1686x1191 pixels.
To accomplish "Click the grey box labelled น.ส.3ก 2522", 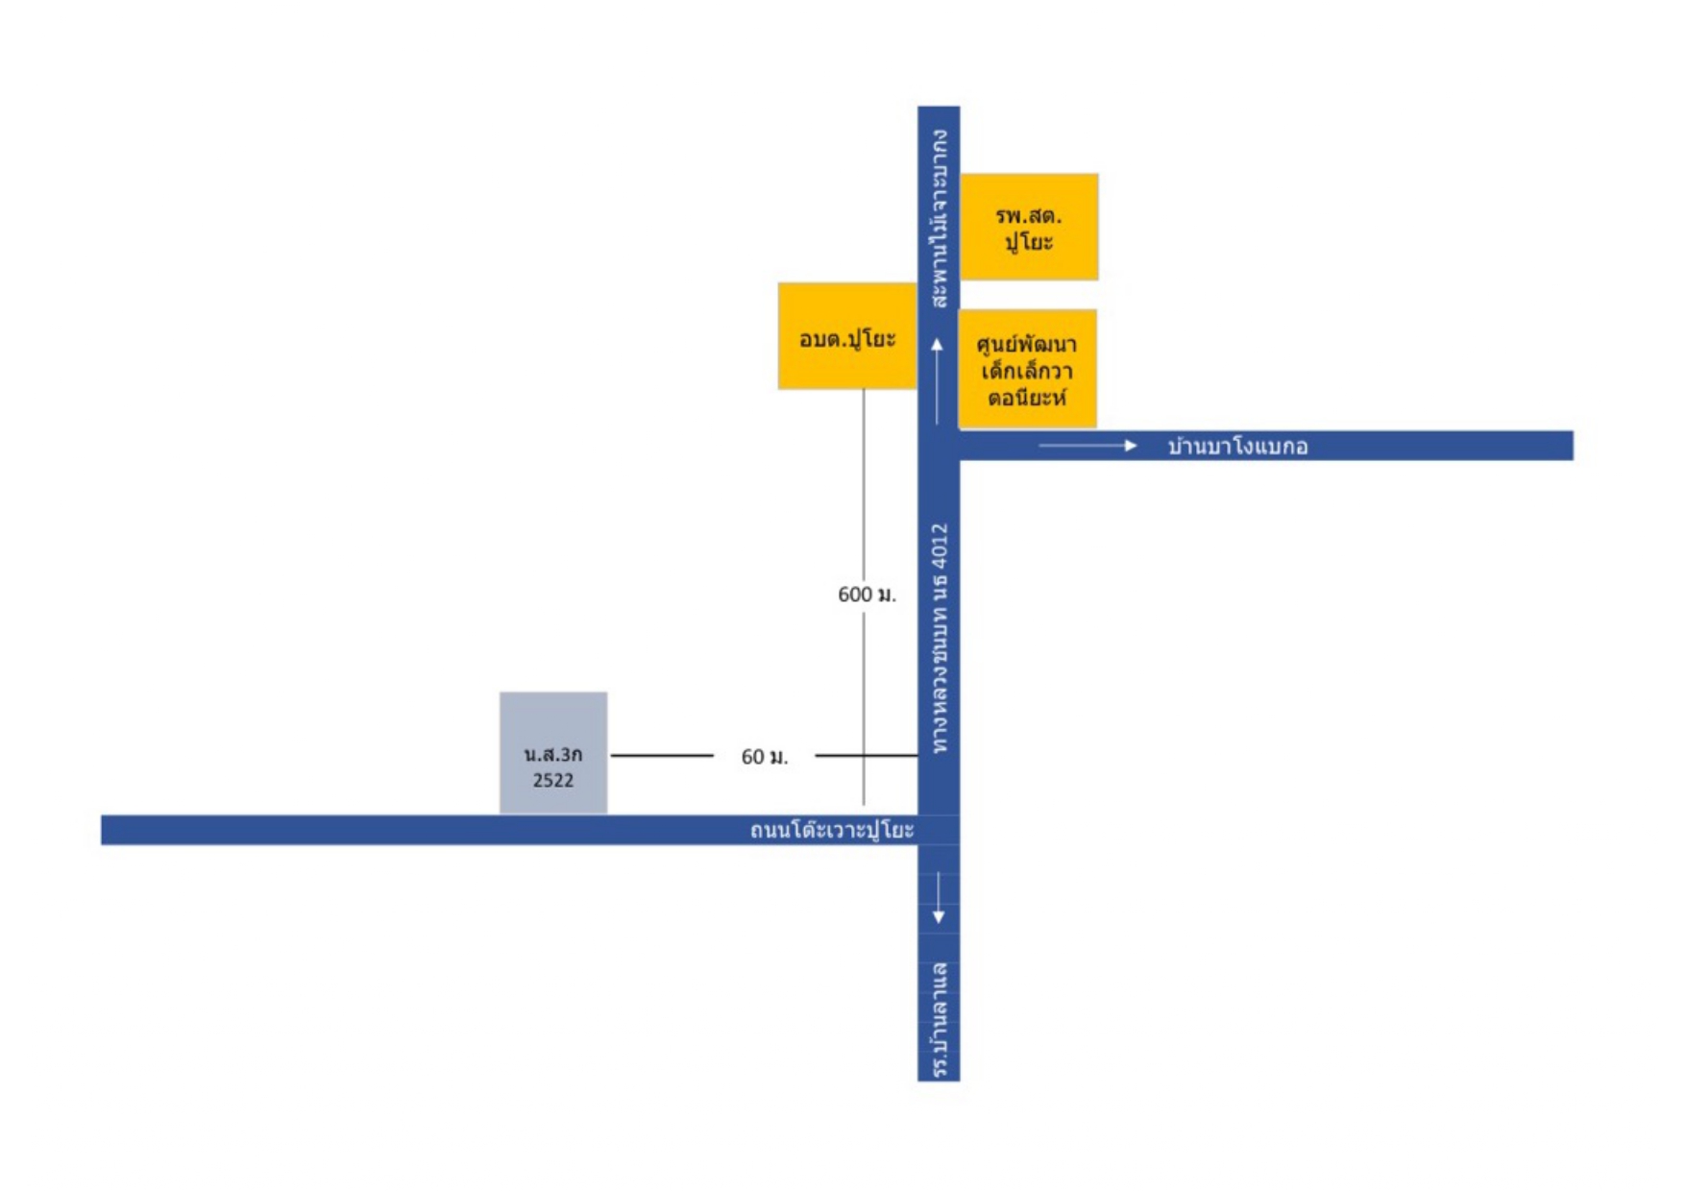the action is point(553,753).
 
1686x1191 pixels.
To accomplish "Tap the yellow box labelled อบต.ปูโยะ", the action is point(847,336).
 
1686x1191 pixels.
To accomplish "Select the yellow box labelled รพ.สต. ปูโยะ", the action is point(1029,227).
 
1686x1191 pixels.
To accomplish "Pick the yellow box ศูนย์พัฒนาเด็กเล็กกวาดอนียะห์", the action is point(1027,369).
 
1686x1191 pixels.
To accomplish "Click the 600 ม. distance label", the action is point(867,595).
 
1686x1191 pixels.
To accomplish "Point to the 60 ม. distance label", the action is point(765,757).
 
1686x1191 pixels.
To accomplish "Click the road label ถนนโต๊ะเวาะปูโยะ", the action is point(832,830).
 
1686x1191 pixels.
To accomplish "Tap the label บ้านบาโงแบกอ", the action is point(1237,447).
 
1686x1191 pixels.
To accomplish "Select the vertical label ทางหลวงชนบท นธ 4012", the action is point(940,638).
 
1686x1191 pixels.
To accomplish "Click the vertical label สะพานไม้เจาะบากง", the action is point(940,219).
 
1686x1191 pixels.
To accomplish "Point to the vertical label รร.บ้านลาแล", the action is point(940,1020).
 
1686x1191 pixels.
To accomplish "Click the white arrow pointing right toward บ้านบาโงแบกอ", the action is point(1087,446).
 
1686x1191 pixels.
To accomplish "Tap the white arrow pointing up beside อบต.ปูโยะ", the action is point(938,380).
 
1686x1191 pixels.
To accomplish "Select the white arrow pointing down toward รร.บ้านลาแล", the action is point(939,899).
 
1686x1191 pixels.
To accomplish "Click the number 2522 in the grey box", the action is point(553,780).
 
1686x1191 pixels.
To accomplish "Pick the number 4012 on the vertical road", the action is point(940,546).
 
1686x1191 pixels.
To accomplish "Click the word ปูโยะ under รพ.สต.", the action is point(1029,242).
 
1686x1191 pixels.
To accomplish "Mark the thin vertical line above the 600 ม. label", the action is point(864,484).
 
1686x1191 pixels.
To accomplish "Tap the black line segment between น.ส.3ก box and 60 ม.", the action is point(662,756).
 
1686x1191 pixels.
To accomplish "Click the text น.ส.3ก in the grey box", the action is point(553,754).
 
